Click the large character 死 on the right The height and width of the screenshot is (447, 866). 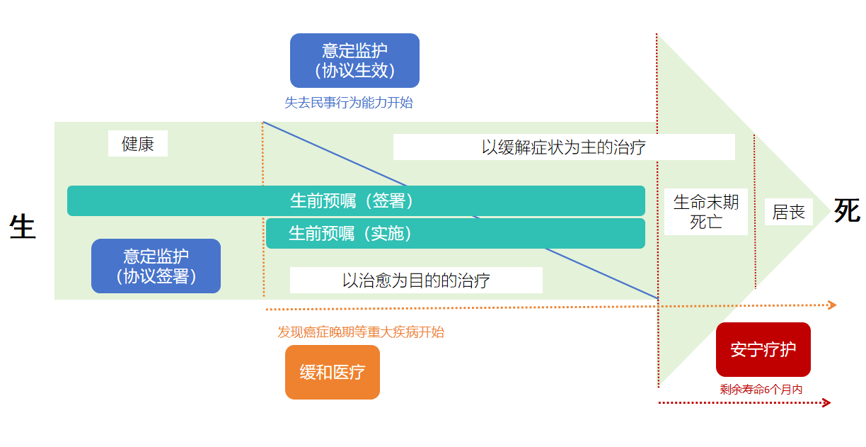tap(846, 211)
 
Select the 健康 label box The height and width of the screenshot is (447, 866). tap(138, 144)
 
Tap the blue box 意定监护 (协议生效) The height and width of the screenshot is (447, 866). tap(354, 61)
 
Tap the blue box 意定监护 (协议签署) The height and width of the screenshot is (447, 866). tap(156, 266)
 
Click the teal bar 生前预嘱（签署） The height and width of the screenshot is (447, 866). tap(356, 200)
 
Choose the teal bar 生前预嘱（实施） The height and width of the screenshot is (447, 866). tap(455, 234)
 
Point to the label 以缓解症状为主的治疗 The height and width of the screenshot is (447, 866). tap(564, 147)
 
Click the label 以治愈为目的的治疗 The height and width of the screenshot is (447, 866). tap(416, 281)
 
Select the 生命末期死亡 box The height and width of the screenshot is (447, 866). tap(705, 211)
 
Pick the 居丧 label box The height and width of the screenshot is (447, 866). tap(788, 212)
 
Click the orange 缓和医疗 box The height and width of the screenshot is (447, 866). tap(333, 372)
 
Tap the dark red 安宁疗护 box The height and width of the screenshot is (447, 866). tap(763, 350)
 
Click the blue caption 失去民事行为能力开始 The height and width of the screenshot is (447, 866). tap(349, 103)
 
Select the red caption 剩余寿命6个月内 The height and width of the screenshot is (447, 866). tap(761, 389)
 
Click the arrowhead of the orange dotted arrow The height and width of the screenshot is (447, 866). tap(833, 305)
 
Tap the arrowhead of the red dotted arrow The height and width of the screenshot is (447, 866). tap(826, 403)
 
